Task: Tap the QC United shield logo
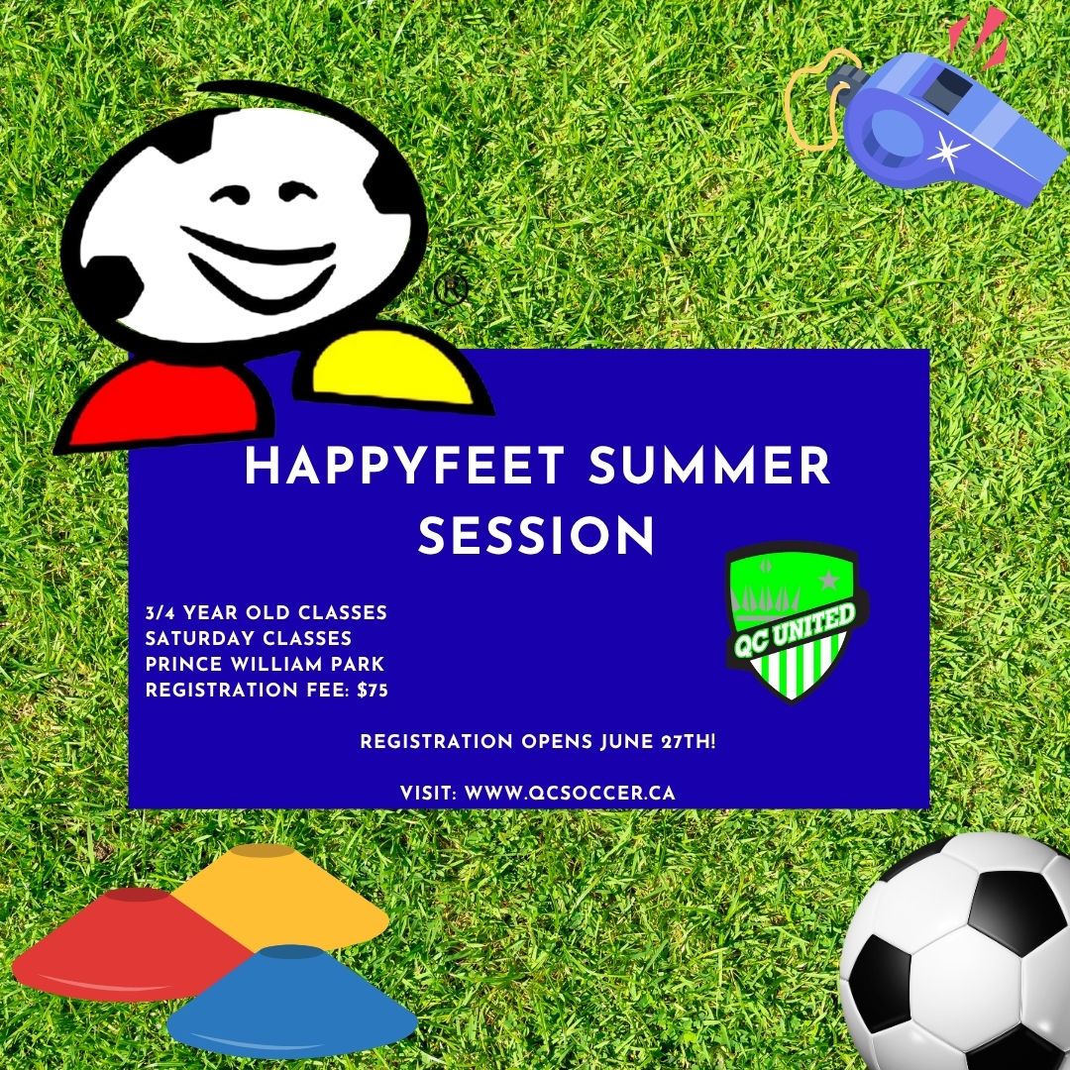[795, 621]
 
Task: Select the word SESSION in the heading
[536, 536]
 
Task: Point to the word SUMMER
[709, 466]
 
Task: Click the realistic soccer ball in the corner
[955, 952]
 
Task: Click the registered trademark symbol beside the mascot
[451, 289]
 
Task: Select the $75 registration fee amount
[373, 691]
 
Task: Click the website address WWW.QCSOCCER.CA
[570, 793]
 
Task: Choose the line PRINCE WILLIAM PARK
[265, 664]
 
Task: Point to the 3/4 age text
[160, 613]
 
